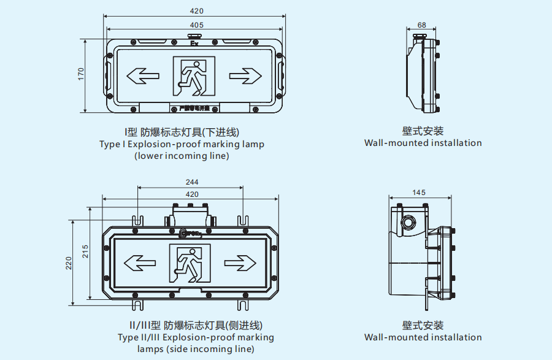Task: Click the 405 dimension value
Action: [x=196, y=25]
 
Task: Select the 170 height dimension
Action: [x=80, y=74]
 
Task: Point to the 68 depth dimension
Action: [x=422, y=25]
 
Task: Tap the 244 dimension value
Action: [x=191, y=182]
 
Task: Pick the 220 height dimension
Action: [x=69, y=262]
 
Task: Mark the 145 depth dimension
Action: [x=418, y=192]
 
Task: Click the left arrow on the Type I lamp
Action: [x=142, y=76]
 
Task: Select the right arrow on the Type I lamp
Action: [x=245, y=76]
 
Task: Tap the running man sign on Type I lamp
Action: [x=194, y=77]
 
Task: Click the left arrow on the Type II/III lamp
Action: [x=139, y=264]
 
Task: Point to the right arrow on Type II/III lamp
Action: [x=240, y=264]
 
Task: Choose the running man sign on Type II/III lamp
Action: [x=190, y=264]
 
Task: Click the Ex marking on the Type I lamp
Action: [x=194, y=44]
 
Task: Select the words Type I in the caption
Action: [x=112, y=145]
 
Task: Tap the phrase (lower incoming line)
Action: [x=182, y=156]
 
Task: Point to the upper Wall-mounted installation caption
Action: [x=423, y=143]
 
